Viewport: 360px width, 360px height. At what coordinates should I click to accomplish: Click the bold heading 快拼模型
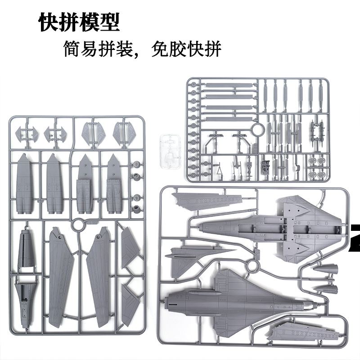click(79, 22)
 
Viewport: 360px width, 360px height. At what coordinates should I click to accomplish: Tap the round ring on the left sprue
click(77, 224)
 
